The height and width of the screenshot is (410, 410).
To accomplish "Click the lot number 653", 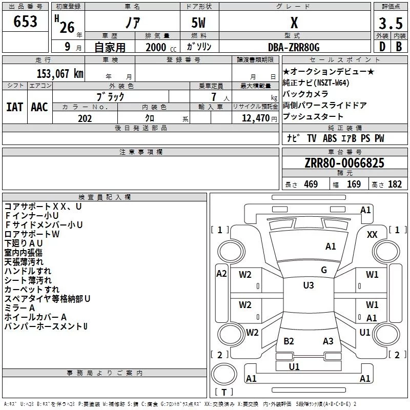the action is (x=25, y=22).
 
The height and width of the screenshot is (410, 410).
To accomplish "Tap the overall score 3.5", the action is (x=391, y=23).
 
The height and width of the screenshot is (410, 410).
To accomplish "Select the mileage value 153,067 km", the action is (x=60, y=73).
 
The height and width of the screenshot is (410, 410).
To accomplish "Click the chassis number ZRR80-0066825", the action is (x=344, y=163).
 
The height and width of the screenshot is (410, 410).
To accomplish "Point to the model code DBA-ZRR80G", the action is (x=294, y=47).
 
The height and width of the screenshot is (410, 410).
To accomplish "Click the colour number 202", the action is (x=85, y=118).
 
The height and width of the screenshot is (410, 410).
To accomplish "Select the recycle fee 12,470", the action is (x=255, y=118).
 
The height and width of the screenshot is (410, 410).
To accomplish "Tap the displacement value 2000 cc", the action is (x=161, y=47).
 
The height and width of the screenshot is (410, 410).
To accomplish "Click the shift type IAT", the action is (x=14, y=107).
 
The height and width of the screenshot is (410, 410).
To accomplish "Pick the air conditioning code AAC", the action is (x=39, y=107).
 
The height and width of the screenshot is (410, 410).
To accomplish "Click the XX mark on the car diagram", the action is (x=372, y=235).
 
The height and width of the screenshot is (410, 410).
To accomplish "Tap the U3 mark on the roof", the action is (x=309, y=285).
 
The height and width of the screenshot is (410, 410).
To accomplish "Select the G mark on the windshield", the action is (x=324, y=270).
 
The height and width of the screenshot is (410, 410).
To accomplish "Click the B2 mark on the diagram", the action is (x=289, y=341).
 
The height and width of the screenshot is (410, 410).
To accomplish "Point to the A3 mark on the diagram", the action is (x=328, y=341).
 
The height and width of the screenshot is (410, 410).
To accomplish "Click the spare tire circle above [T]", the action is (x=224, y=374).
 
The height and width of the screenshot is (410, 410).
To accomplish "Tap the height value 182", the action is (x=395, y=184).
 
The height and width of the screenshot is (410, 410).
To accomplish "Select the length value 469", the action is (x=311, y=184).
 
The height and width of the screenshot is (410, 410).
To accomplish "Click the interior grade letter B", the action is (x=399, y=47).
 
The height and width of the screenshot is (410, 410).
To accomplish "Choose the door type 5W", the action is (x=198, y=23).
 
